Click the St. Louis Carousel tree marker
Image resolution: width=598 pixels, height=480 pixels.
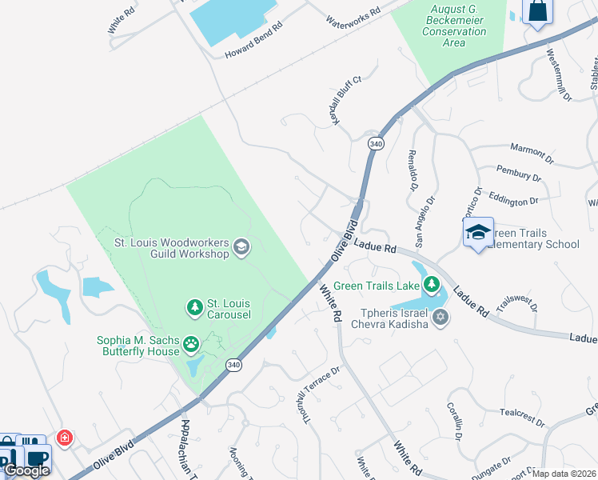[x=194, y=306]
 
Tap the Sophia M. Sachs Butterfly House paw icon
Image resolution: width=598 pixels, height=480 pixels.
[x=191, y=345]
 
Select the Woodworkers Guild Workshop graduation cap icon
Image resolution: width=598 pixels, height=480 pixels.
[x=241, y=248]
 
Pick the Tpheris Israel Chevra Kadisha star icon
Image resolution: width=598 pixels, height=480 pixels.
[x=439, y=318]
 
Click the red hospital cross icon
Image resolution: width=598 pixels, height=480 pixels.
[x=65, y=438]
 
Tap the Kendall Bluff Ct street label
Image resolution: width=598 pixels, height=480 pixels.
[x=349, y=100]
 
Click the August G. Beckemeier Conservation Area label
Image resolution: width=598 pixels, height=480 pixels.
[x=457, y=26]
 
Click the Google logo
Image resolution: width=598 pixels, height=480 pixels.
[x=27, y=470]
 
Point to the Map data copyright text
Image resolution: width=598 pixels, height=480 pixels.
[x=564, y=474]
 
